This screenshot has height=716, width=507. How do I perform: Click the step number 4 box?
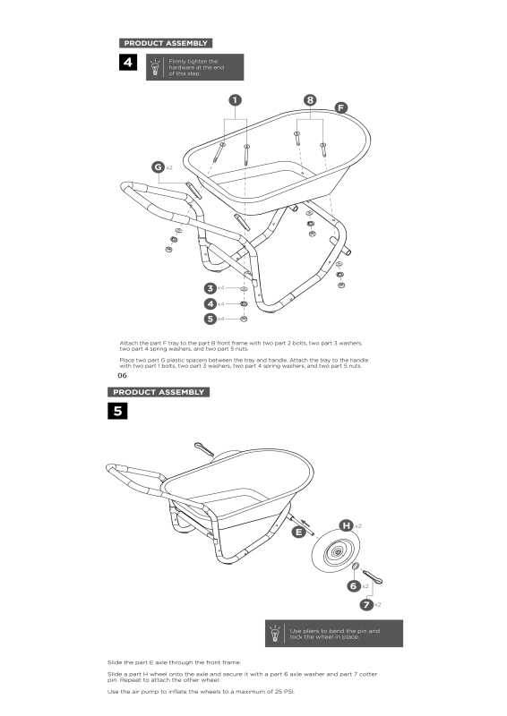tap(128, 62)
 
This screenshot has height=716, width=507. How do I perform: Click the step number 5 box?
tap(117, 411)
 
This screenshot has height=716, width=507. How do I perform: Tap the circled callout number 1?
tap(235, 100)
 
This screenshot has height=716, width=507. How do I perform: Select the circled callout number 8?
tap(310, 100)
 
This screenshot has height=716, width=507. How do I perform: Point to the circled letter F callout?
tap(341, 107)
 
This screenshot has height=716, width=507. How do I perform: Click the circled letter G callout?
tap(159, 167)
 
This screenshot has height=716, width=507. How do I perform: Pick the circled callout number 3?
tap(211, 288)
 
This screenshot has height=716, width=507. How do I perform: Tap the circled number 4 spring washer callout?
tap(211, 303)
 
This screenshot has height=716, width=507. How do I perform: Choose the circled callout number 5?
tap(211, 319)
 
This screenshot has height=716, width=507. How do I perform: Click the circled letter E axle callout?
tap(298, 532)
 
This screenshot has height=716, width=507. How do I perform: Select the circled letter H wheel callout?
tap(346, 525)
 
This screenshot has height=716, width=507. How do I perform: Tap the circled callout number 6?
tap(354, 585)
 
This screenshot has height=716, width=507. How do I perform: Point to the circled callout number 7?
tap(366, 605)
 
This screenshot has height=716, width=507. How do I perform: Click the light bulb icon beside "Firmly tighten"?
tap(156, 67)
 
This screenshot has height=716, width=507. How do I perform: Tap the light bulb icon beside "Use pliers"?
tap(275, 634)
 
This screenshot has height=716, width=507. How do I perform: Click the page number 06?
tap(122, 376)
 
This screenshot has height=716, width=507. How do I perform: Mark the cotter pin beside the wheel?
tap(372, 576)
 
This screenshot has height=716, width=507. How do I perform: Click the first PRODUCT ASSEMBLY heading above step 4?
tap(166, 43)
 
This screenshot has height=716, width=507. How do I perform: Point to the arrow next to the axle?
tap(305, 523)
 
